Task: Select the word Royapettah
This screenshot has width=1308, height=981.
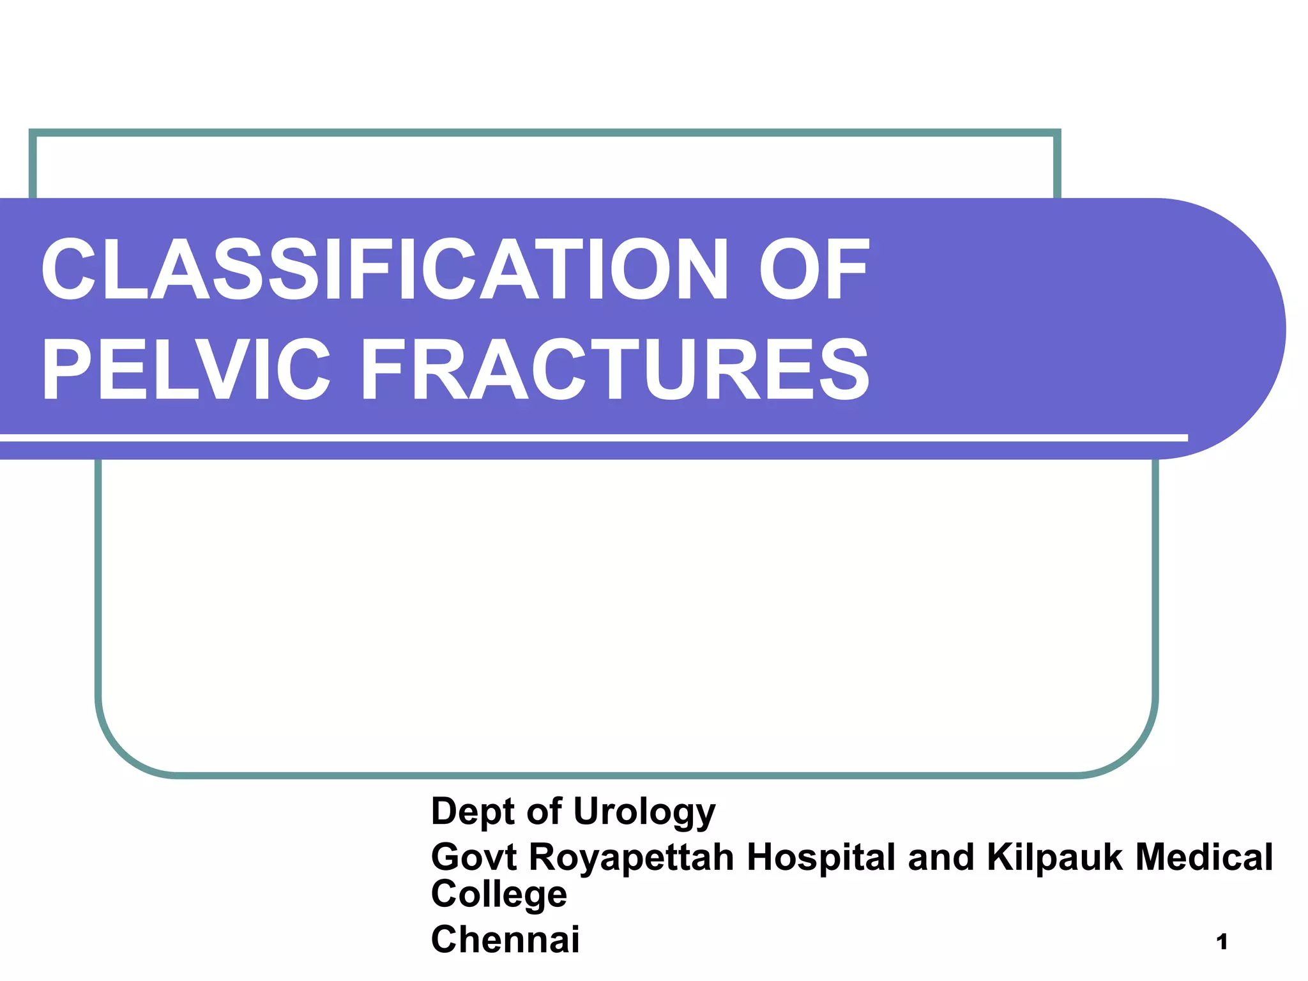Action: click(631, 858)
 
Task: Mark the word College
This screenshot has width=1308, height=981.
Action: click(499, 894)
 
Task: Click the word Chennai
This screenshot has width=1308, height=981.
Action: click(505, 939)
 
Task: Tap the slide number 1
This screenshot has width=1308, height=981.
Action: click(1222, 942)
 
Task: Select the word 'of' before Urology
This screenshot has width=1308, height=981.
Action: click(544, 811)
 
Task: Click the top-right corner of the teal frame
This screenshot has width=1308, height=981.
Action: click(1056, 133)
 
